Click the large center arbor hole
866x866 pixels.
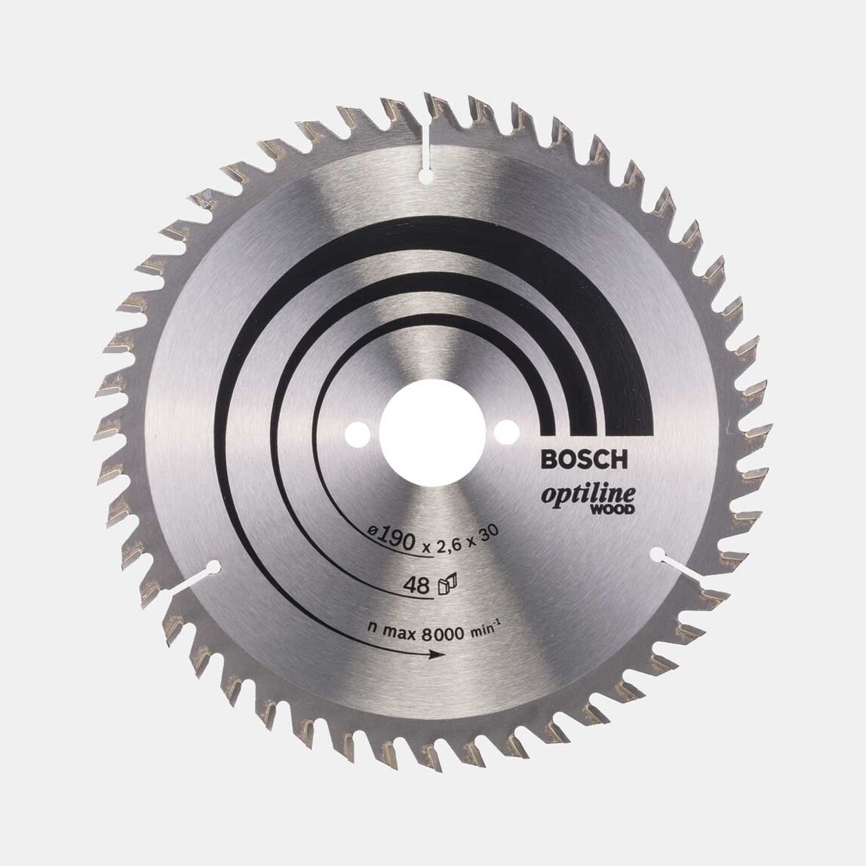click(433, 431)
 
